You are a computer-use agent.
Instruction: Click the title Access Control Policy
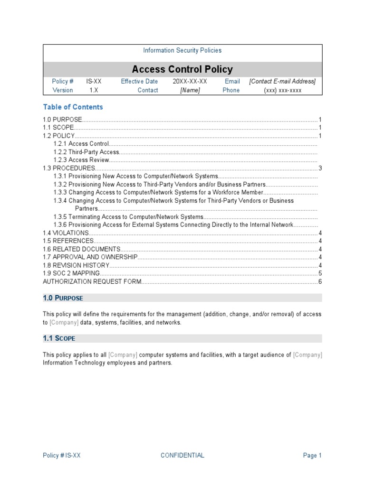pos(182,69)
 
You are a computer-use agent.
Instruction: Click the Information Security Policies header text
pos(182,50)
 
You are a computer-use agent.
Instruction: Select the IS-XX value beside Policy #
pos(94,81)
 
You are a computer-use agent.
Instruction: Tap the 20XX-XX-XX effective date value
pos(190,81)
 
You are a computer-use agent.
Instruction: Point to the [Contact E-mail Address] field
pos(282,81)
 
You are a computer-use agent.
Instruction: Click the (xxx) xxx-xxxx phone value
pos(283,90)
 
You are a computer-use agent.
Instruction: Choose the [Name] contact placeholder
pos(190,90)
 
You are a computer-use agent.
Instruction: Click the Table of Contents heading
pos(73,107)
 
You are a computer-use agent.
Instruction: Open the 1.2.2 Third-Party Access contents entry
pos(86,152)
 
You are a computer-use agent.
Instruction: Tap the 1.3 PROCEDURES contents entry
pos(69,168)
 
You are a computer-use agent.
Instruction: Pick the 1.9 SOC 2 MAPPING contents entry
pos(72,273)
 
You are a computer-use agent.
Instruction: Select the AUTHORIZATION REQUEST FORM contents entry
pos(92,282)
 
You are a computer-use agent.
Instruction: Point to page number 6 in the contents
pos(320,282)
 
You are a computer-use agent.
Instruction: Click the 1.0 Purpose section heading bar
pos(182,298)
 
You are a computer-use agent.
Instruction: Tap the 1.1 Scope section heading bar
pos(182,338)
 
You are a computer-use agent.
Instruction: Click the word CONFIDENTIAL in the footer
pos(182,456)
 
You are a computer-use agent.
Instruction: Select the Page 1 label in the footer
pos(312,456)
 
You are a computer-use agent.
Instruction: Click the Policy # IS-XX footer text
pos(62,456)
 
